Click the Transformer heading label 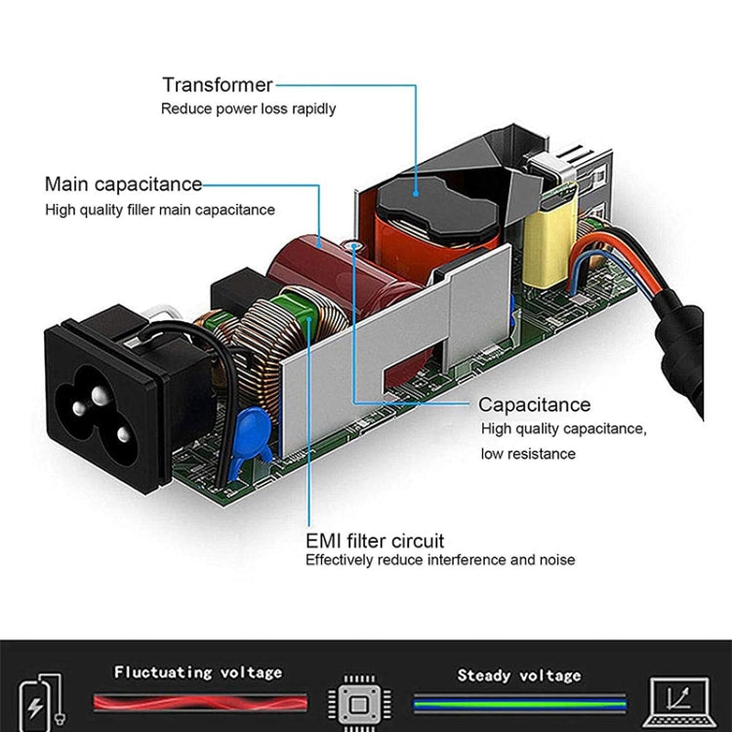pyautogui.click(x=218, y=85)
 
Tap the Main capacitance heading pyautogui.click(x=123, y=183)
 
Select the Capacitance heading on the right pyautogui.click(x=534, y=404)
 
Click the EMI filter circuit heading pyautogui.click(x=375, y=540)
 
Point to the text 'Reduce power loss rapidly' pyautogui.click(x=248, y=108)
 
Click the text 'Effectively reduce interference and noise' pyautogui.click(x=440, y=560)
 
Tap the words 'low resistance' pyautogui.click(x=528, y=454)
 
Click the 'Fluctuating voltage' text pyautogui.click(x=198, y=671)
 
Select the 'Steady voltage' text pyautogui.click(x=519, y=674)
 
